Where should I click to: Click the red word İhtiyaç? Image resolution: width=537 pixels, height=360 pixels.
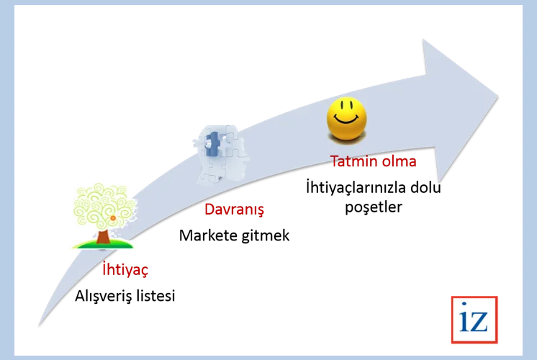[125, 270]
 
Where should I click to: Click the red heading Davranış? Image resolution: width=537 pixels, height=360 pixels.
[234, 210]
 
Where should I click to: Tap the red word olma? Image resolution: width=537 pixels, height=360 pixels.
[400, 161]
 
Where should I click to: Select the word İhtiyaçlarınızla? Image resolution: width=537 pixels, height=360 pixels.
[356, 188]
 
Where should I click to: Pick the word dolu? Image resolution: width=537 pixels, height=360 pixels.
[425, 187]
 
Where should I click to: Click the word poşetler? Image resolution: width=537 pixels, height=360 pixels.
[374, 207]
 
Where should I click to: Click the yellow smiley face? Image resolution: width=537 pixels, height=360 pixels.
[346, 119]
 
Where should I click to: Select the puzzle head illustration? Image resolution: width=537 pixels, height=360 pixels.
[221, 154]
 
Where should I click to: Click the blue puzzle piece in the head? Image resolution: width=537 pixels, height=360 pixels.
[212, 144]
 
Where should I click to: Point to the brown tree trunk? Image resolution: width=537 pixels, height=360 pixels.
[103, 237]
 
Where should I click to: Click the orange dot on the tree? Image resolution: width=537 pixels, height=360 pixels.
[113, 218]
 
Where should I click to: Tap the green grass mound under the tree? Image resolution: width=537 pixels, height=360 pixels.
[103, 245]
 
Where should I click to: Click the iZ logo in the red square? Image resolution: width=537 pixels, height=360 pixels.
[474, 320]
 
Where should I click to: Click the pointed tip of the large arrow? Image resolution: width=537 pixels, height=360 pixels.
[498, 96]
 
